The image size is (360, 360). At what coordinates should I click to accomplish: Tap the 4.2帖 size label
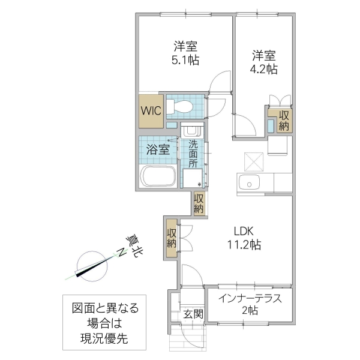[263, 69]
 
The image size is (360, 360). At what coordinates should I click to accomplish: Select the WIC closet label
[150, 111]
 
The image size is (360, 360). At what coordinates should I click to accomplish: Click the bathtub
[158, 177]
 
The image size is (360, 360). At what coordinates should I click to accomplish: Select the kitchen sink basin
[248, 182]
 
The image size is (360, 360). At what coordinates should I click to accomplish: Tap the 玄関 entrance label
[193, 314]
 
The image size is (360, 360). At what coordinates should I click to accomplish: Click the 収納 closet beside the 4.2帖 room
[284, 121]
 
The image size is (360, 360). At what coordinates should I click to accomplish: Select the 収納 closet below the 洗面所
[199, 203]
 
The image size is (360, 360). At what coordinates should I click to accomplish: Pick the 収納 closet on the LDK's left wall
[171, 238]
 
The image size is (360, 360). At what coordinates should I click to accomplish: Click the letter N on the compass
[121, 253]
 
